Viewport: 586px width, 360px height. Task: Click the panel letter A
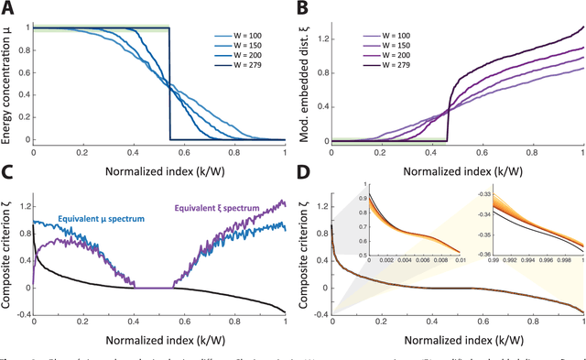click(x=7, y=7)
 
